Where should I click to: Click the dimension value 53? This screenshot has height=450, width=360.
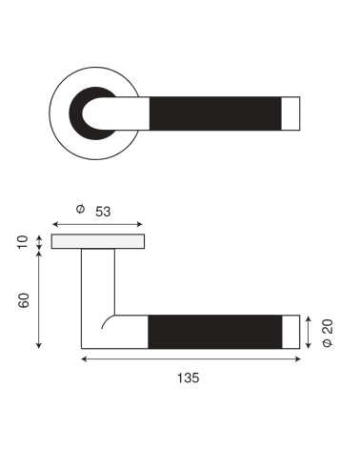[x=103, y=212]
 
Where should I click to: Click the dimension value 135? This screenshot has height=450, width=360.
[x=189, y=378]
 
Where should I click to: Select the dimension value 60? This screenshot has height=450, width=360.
[x=24, y=300]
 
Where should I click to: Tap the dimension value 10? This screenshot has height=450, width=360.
[x=23, y=242]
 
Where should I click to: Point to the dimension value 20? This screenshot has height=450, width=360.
[x=328, y=327]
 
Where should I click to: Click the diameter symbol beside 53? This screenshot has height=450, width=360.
[x=81, y=209]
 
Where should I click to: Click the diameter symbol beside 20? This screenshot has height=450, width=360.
[x=328, y=342]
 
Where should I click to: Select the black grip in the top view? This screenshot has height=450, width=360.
[x=215, y=113]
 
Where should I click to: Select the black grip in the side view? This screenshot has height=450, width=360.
[x=215, y=332]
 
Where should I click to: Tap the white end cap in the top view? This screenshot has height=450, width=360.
[x=290, y=113]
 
